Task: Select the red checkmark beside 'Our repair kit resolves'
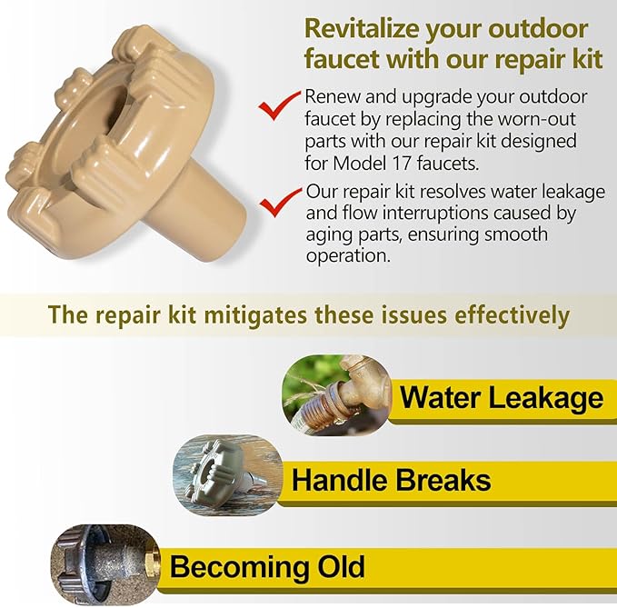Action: pyautogui.click(x=280, y=203)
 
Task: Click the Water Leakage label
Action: pyautogui.click(x=501, y=397)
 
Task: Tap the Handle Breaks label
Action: pyautogui.click(x=391, y=479)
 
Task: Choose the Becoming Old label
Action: pyautogui.click(x=267, y=567)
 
